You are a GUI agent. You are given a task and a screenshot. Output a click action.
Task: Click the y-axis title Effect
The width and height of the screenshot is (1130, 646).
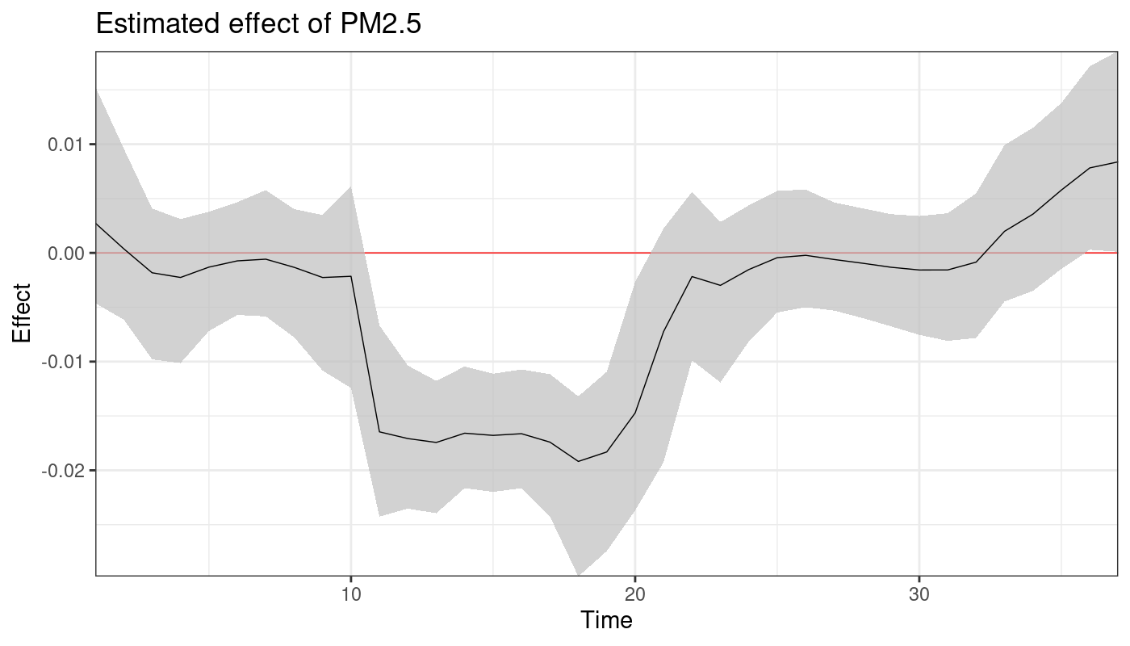pos(22,313)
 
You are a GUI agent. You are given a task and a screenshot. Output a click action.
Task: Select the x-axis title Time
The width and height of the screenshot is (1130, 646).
pos(606,620)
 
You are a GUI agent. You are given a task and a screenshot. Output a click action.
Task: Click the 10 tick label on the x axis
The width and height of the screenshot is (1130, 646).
pos(351,594)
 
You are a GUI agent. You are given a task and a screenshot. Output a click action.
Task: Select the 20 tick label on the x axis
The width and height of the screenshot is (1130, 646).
pos(635,594)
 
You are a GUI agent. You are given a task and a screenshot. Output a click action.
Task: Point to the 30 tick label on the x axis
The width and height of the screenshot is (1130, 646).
pos(919,594)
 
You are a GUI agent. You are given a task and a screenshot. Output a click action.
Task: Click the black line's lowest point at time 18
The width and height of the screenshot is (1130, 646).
pos(578,461)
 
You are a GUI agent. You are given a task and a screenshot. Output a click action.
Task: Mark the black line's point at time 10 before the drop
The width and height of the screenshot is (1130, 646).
pos(351,276)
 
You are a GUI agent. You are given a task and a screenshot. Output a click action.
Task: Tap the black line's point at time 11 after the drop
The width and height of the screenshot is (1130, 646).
pos(379,432)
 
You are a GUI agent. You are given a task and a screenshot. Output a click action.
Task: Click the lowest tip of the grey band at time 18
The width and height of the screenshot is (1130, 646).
pos(578,574)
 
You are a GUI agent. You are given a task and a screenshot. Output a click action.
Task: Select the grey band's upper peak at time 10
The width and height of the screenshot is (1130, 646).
pos(351,187)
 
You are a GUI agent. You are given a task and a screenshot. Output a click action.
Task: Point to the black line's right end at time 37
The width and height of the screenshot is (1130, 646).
pos(1117,162)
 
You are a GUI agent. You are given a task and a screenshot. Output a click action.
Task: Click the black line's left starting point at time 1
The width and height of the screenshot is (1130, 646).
pos(97,223)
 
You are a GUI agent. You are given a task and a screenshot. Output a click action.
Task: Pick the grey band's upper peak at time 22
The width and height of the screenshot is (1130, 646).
pos(692,192)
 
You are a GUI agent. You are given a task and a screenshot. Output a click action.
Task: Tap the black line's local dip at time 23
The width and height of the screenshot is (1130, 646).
pos(720,285)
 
